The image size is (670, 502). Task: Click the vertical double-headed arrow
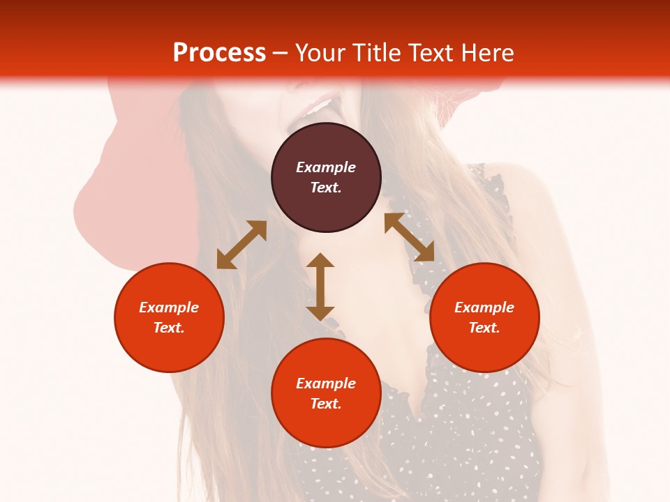pos(320,287)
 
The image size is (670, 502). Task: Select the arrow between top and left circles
pos(241,245)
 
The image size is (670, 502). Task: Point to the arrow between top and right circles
pos(410,237)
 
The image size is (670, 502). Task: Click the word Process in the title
pos(219,52)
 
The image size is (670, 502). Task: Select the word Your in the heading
pos(321,52)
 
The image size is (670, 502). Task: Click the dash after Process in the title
pos(281,53)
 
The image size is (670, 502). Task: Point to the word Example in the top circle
pos(326,167)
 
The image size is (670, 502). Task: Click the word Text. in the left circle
pos(169,328)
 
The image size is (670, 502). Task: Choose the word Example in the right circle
pos(484,307)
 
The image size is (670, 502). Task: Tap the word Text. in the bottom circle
pos(326,404)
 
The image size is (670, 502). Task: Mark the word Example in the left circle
pos(169,307)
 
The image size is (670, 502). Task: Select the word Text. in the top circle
pos(326,188)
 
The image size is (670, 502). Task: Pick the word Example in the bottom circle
pos(326,383)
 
